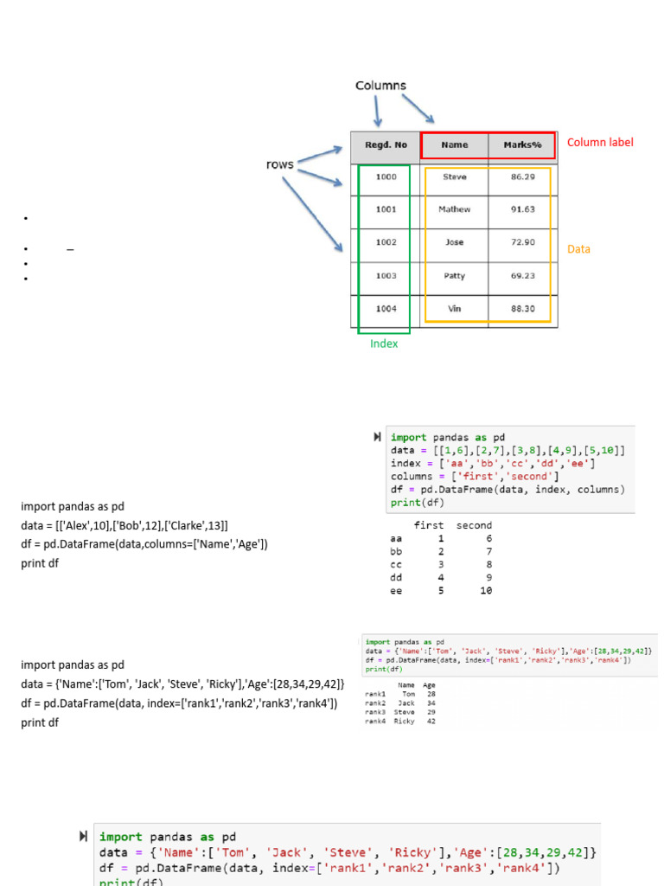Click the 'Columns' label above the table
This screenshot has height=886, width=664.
point(380,86)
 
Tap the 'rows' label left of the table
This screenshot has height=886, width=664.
point(279,164)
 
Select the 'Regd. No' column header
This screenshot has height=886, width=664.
point(386,145)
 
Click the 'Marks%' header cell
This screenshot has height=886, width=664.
point(522,145)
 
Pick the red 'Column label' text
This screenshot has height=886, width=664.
point(600,142)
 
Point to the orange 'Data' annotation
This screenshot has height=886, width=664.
point(578,249)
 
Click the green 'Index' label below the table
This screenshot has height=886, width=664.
point(384,343)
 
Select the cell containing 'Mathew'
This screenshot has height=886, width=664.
point(455,209)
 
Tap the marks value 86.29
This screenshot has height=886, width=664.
point(523,177)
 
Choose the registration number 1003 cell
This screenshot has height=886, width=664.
point(386,276)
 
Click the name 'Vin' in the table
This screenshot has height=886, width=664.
point(455,309)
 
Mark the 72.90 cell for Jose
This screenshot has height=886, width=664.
point(523,242)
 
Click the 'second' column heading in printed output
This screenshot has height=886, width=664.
point(474,525)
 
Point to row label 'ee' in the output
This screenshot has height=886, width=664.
point(397,591)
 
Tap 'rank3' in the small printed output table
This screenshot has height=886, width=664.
point(375,711)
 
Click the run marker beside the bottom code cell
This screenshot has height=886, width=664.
point(83,837)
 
